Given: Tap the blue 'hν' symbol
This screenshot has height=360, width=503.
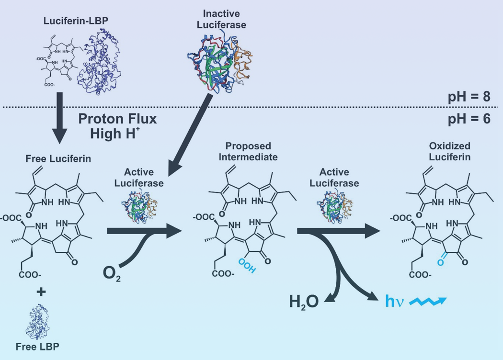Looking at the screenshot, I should click(394, 302).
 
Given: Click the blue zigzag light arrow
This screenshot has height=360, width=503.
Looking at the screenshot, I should click(427, 302).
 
